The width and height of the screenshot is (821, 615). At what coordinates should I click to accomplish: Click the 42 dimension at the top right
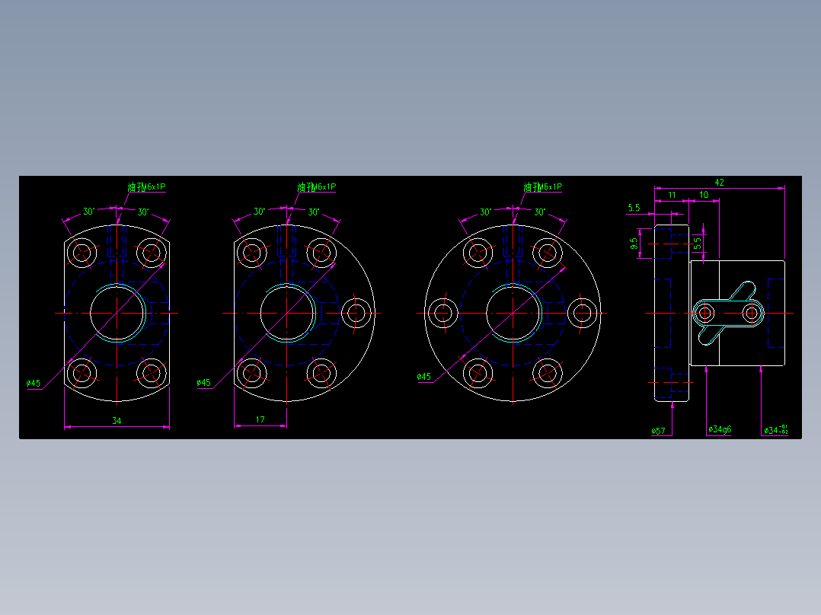point(719,182)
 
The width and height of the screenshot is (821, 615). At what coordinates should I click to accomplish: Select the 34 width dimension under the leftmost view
point(117,420)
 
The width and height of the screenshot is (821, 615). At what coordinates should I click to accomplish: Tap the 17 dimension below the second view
point(260,420)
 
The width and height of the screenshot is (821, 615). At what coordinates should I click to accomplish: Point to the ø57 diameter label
point(658,431)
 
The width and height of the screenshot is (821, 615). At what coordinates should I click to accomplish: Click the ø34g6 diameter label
point(719,429)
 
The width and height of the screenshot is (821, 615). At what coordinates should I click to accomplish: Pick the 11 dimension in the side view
point(672,196)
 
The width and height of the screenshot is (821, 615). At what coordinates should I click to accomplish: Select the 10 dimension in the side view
point(704,196)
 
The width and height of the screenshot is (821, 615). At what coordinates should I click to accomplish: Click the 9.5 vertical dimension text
point(634,244)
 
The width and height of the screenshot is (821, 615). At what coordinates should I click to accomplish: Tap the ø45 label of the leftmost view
point(34,383)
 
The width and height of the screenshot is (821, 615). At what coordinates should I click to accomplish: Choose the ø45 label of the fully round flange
point(424,377)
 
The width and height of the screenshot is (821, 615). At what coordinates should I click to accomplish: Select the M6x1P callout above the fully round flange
point(543,186)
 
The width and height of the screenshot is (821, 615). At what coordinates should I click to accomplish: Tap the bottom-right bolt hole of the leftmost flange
point(152,373)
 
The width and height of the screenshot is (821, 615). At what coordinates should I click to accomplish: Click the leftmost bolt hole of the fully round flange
point(443,312)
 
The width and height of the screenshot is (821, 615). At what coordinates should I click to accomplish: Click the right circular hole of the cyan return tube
point(752,312)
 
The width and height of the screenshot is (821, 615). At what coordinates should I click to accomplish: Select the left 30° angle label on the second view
point(259,211)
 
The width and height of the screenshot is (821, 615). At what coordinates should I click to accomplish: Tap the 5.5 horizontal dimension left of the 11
point(634,207)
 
